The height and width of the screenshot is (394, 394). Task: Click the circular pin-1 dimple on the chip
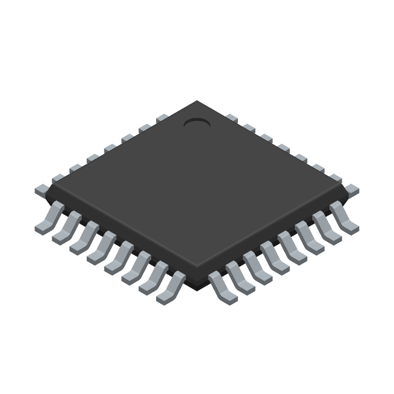[197, 123]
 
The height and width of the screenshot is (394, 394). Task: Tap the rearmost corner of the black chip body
[197, 101]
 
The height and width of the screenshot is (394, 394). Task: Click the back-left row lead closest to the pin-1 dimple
[162, 119]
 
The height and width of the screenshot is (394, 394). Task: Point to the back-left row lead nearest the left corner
[42, 189]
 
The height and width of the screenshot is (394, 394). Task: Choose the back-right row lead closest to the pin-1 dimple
[231, 118]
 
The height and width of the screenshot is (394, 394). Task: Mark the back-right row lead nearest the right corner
[352, 189]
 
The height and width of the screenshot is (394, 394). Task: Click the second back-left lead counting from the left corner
[59, 178]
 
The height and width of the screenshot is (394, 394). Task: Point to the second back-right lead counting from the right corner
[335, 178]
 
